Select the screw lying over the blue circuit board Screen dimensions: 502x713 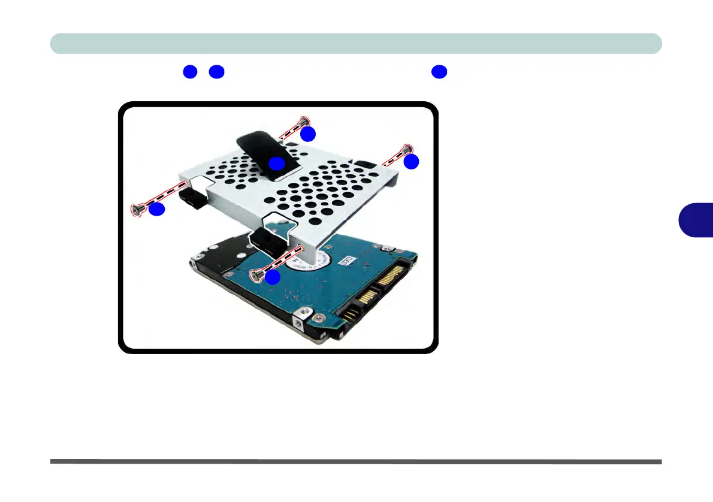pos(257,274)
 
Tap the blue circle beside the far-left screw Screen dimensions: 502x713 pos(156,210)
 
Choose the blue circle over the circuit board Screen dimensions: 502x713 pos(273,277)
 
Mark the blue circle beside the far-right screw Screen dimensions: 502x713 pos(411,162)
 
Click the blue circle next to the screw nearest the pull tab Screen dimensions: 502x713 pos(308,135)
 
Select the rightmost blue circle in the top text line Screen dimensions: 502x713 pos(439,72)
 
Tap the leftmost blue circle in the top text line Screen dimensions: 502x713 pos(191,72)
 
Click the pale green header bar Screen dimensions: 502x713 pos(356,44)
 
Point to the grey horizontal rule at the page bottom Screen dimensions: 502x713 pos(356,462)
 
